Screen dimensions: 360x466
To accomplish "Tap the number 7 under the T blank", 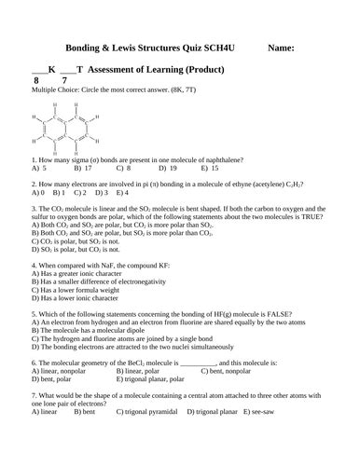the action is (63, 81).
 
